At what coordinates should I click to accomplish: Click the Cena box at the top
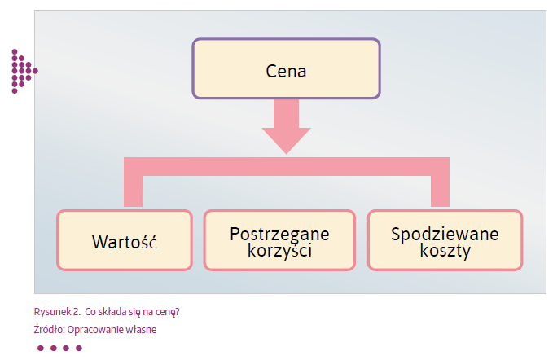pyautogui.click(x=286, y=68)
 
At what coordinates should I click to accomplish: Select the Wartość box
pyautogui.click(x=125, y=240)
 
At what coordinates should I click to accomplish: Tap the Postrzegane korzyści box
pyautogui.click(x=279, y=240)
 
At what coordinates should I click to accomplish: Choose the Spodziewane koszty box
pyautogui.click(x=445, y=240)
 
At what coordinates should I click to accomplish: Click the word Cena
pyautogui.click(x=286, y=71)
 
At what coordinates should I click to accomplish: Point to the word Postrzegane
pyautogui.click(x=279, y=234)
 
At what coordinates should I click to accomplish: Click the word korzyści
pyautogui.click(x=279, y=250)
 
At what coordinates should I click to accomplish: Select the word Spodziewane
pyautogui.click(x=445, y=234)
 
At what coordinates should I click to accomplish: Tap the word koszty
pyautogui.click(x=445, y=250)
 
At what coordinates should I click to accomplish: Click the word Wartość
pyautogui.click(x=125, y=242)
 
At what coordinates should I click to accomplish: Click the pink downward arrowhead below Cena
pyautogui.click(x=286, y=139)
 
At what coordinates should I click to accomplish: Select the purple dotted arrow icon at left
pyautogui.click(x=23, y=71)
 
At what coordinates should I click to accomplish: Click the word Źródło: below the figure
pyautogui.click(x=50, y=329)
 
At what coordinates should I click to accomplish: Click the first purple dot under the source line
pyautogui.click(x=40, y=348)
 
